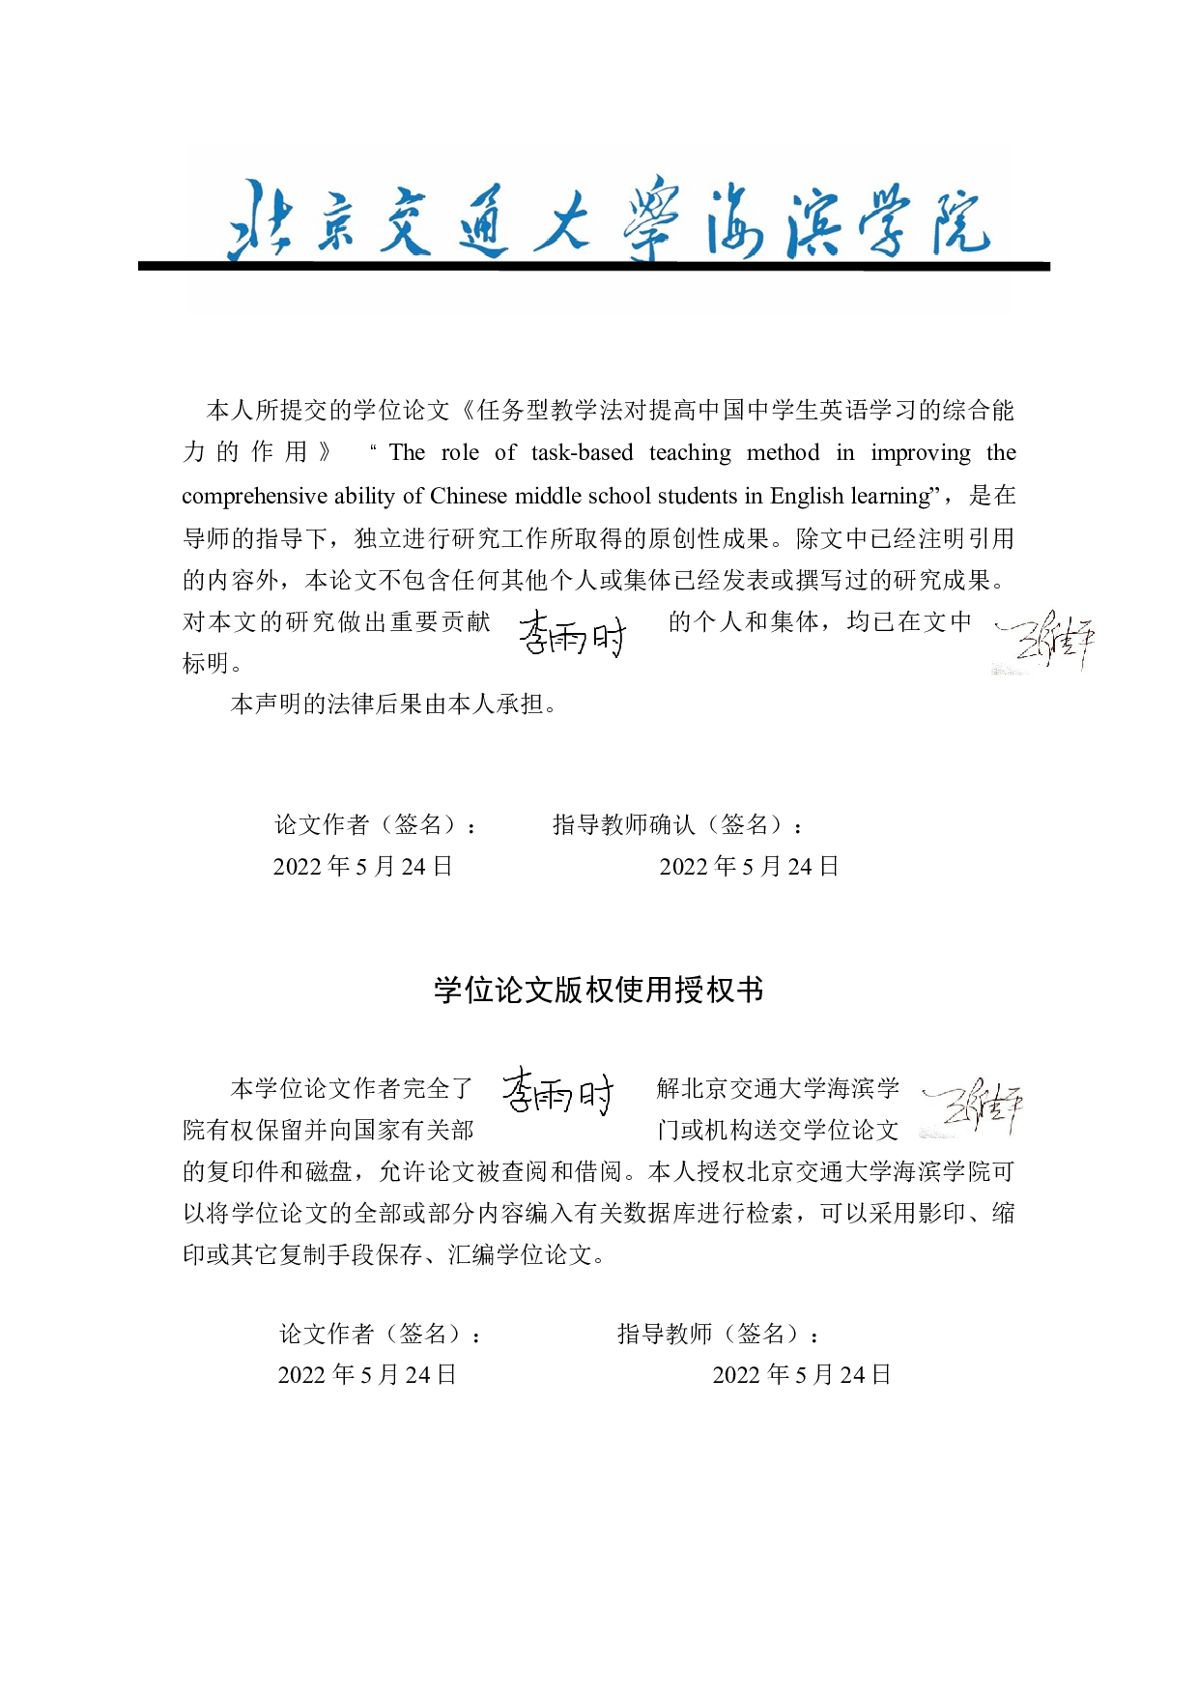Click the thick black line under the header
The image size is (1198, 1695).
click(x=593, y=266)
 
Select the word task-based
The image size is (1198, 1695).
click(x=582, y=453)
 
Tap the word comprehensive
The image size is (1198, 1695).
click(x=254, y=497)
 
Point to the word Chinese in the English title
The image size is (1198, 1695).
click(x=469, y=496)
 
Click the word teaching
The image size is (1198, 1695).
click(x=690, y=453)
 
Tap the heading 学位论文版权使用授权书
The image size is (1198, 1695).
click(x=599, y=990)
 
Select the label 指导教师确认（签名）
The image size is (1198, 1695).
click(x=677, y=824)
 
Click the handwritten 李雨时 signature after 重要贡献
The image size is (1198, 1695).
click(x=572, y=634)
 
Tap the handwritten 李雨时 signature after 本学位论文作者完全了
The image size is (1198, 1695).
click(x=557, y=1092)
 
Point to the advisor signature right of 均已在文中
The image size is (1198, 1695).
click(x=1044, y=641)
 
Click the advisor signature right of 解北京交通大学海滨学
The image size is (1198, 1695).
click(x=971, y=1107)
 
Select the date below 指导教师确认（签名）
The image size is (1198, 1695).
click(x=749, y=866)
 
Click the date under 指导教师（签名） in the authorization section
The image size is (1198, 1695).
click(x=802, y=1374)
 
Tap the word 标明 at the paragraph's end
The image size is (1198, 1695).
click(x=206, y=663)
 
